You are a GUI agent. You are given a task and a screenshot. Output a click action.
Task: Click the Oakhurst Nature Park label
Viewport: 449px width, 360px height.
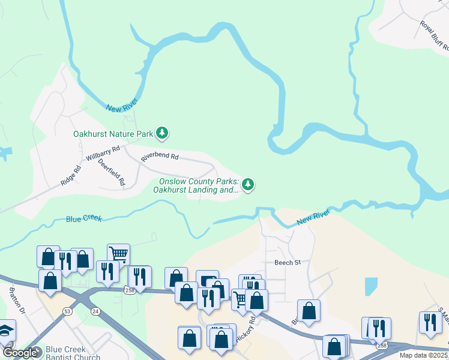(x=113, y=134)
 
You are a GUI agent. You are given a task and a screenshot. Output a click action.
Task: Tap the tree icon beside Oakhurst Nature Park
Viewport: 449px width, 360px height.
(x=161, y=132)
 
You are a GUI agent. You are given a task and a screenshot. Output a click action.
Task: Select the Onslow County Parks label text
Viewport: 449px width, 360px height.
(x=199, y=185)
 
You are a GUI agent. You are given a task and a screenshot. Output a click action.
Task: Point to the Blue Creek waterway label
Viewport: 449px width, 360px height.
(x=84, y=219)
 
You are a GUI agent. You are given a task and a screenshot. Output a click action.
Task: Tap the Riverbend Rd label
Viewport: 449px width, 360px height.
(x=160, y=157)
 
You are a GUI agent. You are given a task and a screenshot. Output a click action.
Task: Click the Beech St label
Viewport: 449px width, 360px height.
(x=287, y=263)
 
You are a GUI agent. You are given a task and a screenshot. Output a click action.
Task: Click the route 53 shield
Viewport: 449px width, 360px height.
(x=67, y=311)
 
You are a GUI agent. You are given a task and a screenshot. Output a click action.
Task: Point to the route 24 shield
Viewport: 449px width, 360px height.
(x=95, y=311)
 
